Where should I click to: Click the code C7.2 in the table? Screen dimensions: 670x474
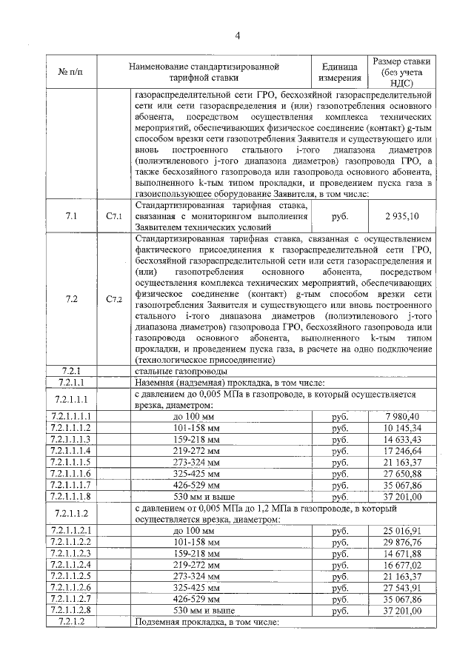point(113,299)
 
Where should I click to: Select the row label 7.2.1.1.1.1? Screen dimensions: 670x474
point(72,416)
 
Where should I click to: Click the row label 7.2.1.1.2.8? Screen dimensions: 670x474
point(72,611)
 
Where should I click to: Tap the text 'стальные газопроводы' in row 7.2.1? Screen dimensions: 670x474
point(181,371)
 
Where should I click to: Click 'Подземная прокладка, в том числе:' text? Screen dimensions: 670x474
point(206,622)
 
